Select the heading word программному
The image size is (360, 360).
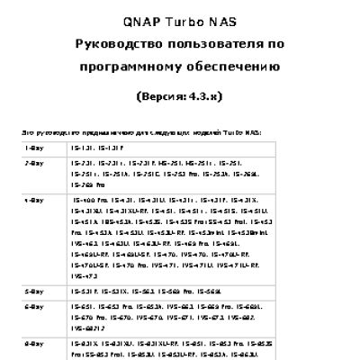[x=139, y=66]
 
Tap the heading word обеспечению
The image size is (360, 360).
[x=238, y=66]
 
